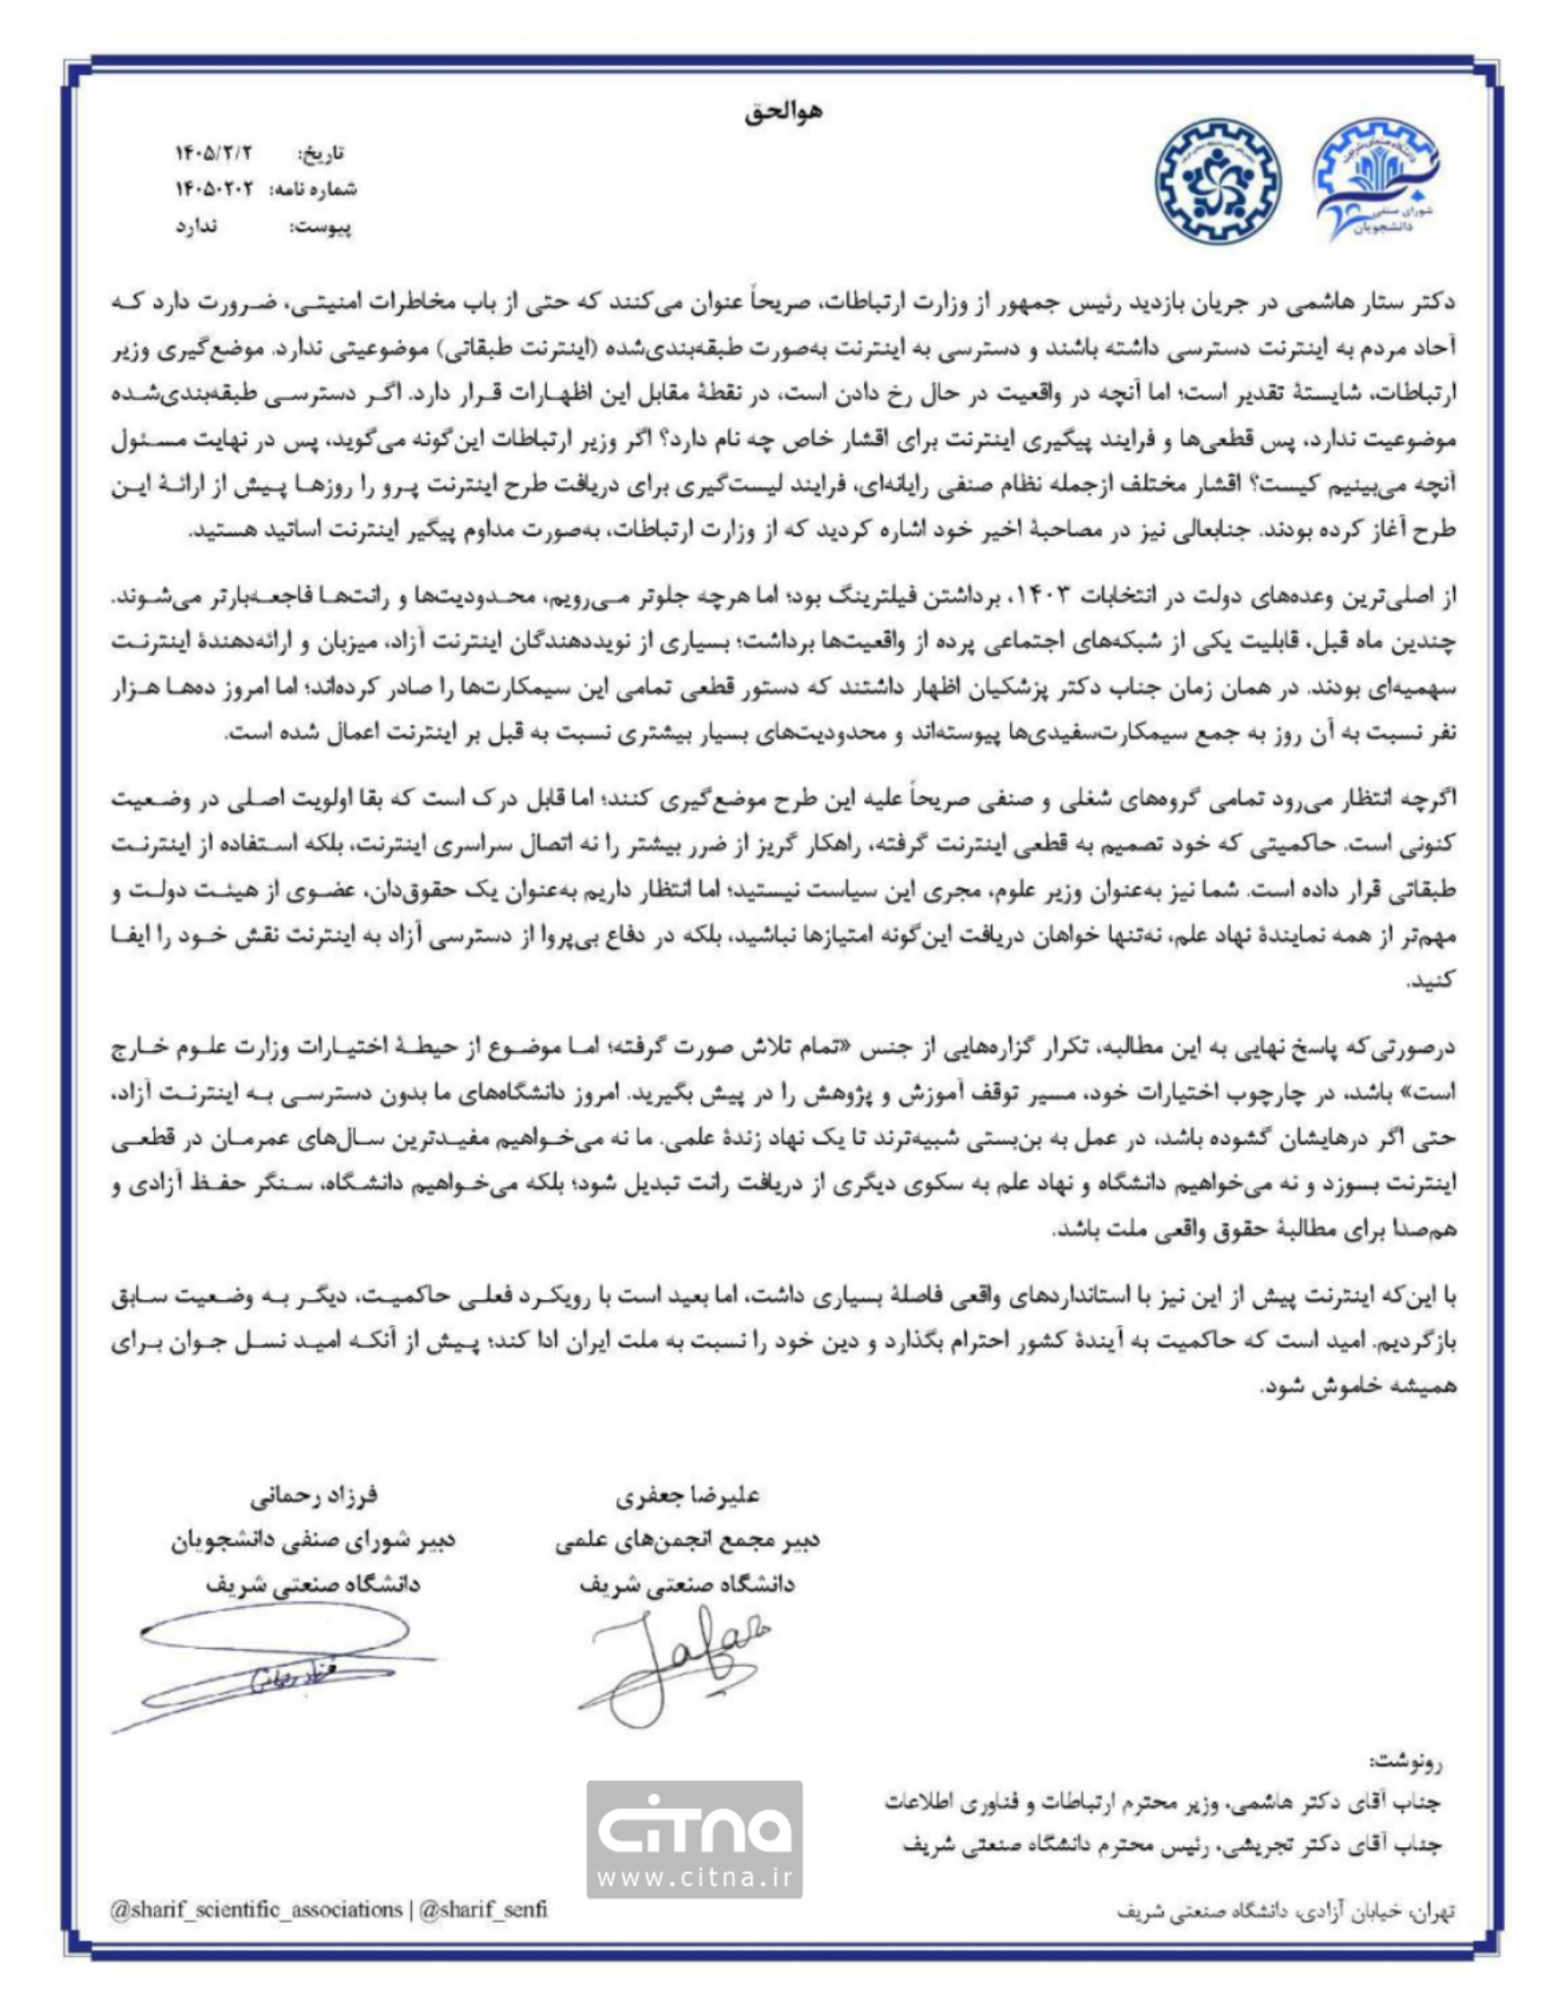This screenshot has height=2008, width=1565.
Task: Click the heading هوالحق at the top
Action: coord(782,111)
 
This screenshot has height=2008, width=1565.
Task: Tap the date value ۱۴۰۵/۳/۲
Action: coord(214,153)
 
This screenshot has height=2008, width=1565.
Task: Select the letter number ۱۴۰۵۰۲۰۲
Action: coord(214,189)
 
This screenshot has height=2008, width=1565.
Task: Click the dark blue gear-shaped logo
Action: coord(1216,181)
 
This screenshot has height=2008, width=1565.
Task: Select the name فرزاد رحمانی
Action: coord(313,1496)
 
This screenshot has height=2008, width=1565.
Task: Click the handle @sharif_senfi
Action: coord(483,1909)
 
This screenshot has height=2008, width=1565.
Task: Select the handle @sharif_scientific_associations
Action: coord(257,1909)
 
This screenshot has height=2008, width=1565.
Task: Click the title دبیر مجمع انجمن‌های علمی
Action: coord(686,1540)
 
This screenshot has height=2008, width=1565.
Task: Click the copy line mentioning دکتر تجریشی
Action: coord(1172,1844)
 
